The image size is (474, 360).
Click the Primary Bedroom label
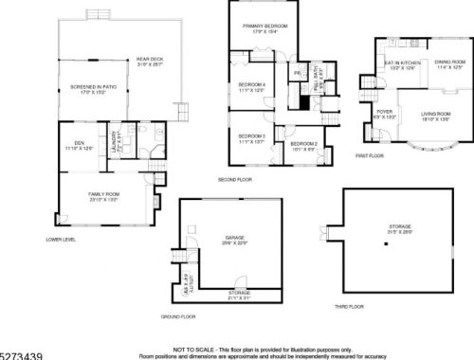(x=264, y=26)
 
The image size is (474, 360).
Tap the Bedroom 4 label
(x=250, y=84)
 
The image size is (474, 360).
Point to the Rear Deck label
(x=150, y=62)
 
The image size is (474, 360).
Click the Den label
(x=79, y=145)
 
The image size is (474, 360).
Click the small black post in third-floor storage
(x=386, y=244)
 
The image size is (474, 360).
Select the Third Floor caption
(x=350, y=307)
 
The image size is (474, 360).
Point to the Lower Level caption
(x=61, y=239)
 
